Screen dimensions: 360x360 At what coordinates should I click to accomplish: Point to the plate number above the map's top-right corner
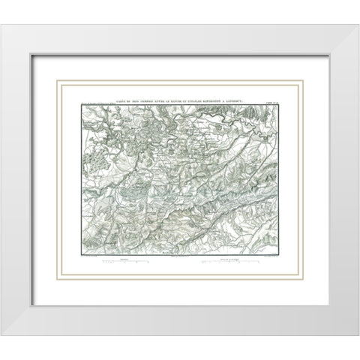coord(278,92)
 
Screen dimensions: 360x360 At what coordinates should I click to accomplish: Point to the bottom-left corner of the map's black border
coord(76,256)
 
